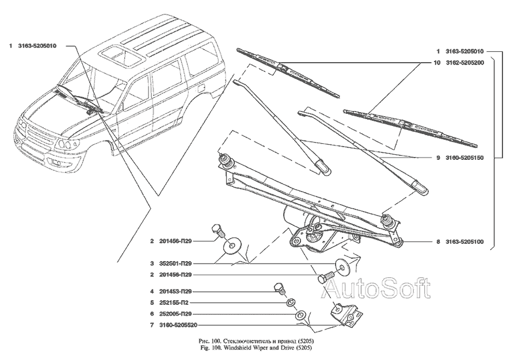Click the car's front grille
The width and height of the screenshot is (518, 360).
click(37, 139)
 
